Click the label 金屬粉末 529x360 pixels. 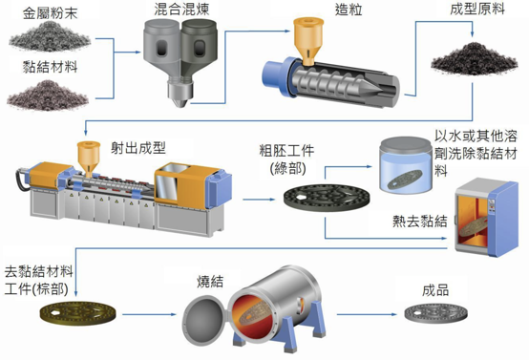(50, 13)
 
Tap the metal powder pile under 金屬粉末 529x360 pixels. (50, 37)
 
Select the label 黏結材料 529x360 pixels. (50, 67)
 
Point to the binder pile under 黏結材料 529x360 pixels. (48, 95)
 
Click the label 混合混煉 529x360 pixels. (181, 10)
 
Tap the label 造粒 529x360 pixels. (349, 10)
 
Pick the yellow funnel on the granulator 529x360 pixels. (308, 40)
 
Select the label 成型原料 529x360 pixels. (477, 10)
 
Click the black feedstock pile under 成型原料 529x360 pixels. (475, 58)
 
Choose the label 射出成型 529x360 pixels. (138, 148)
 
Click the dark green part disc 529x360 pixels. (327, 198)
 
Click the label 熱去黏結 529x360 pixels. (420, 222)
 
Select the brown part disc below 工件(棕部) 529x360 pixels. (78, 313)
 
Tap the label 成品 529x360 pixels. (435, 290)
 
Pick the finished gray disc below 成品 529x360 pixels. (435, 313)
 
